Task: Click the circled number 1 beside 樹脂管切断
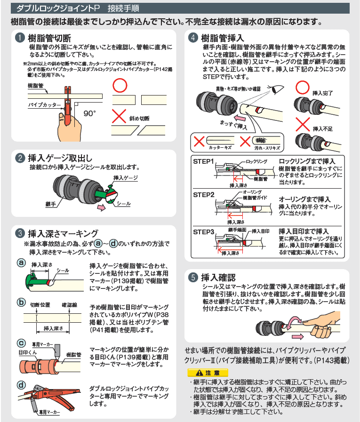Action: (x=20, y=38)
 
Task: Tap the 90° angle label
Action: (x=89, y=113)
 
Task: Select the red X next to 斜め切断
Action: (x=119, y=116)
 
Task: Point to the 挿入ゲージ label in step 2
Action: (x=126, y=178)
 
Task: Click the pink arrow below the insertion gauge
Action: (x=102, y=207)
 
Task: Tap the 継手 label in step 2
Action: (x=50, y=204)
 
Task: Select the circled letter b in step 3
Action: (x=21, y=302)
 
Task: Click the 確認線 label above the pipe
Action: (x=69, y=305)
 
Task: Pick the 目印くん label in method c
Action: (x=27, y=352)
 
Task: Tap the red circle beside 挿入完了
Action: (x=302, y=88)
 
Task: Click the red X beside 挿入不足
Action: (x=303, y=124)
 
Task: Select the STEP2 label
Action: (x=204, y=195)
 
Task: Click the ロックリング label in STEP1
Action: (x=256, y=161)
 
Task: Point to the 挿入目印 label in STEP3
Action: (x=260, y=231)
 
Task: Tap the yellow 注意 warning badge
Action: (x=208, y=373)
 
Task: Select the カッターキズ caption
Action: (x=220, y=148)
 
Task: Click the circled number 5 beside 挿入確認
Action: (x=193, y=277)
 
